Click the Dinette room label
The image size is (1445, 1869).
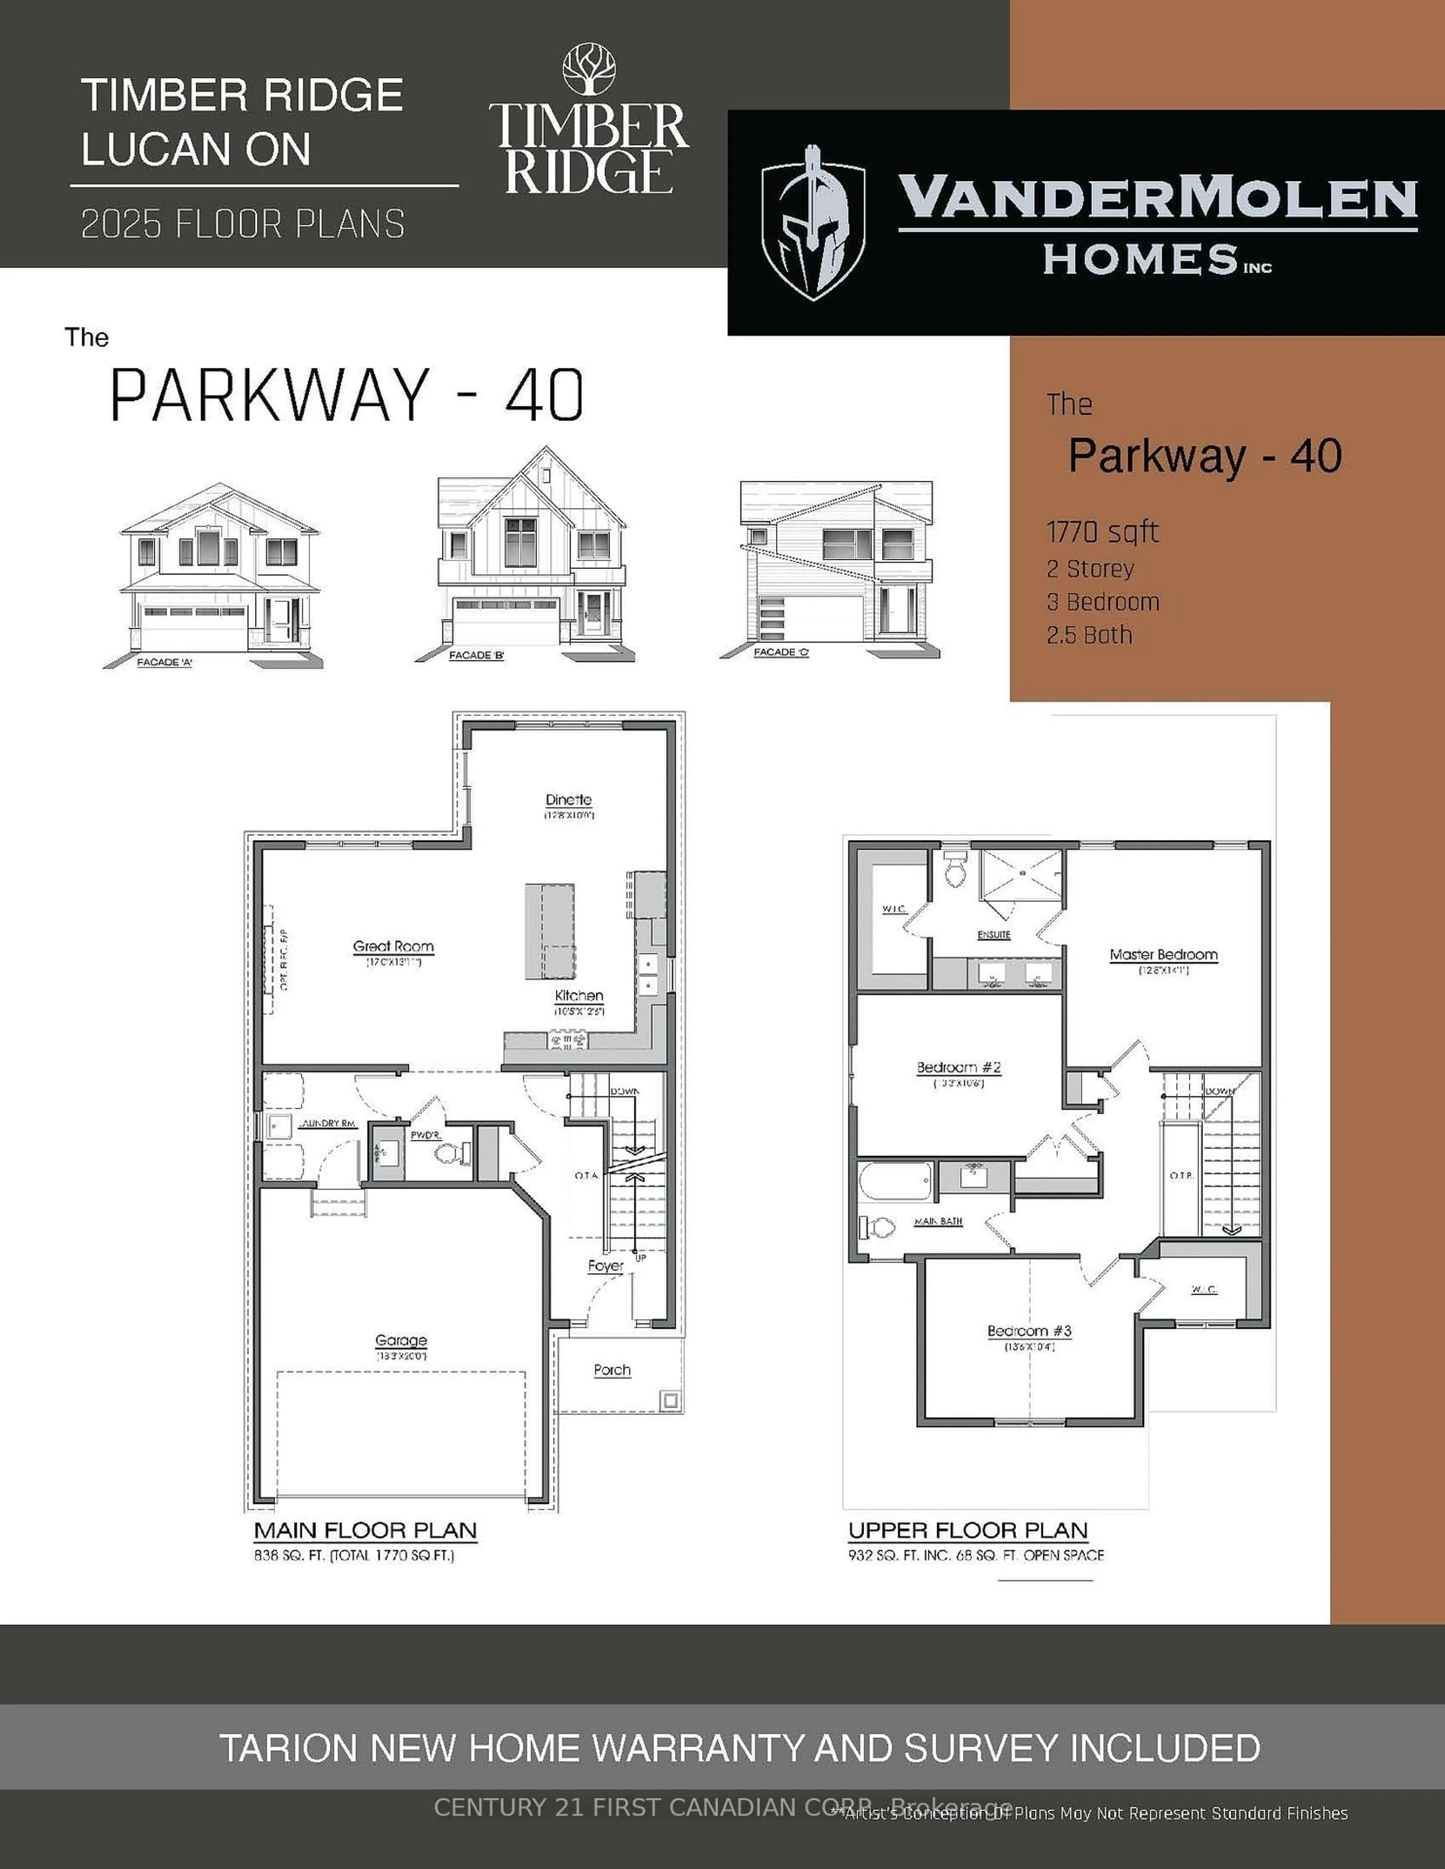coord(569,800)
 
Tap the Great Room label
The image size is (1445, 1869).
coord(393,947)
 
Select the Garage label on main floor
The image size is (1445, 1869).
coord(401,1341)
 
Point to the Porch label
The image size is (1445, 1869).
coord(612,1370)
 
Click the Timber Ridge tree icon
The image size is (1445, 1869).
coord(588,70)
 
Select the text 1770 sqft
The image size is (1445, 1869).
coord(1102,532)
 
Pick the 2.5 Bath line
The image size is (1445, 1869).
coord(1089,635)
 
